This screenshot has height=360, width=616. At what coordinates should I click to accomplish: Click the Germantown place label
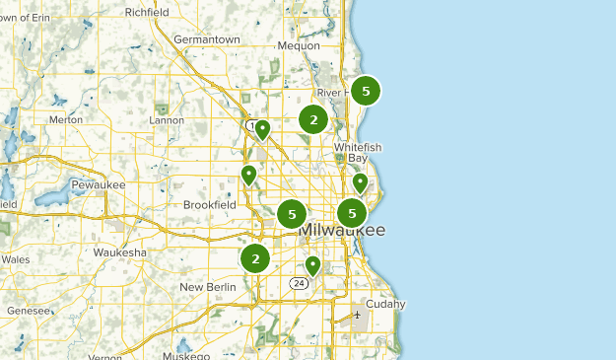coord(206,39)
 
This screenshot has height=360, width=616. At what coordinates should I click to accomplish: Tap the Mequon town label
coord(299,45)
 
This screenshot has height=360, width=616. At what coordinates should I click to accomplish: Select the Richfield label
coord(147,13)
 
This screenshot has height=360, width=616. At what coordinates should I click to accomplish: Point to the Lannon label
coord(166,120)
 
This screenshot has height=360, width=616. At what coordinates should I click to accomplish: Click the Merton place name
coord(65,119)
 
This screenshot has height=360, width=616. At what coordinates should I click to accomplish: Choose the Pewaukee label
coord(97,184)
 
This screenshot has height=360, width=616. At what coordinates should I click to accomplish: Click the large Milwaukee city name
coord(341,230)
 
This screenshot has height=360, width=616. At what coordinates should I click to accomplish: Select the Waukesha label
coord(119,252)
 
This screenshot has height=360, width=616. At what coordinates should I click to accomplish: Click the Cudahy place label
coord(385,304)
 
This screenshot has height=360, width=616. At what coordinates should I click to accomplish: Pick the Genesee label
coord(28,310)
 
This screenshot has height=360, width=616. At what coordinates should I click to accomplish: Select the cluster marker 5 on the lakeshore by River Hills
coord(366,91)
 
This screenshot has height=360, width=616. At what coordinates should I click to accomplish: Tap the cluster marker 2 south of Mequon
coord(313,120)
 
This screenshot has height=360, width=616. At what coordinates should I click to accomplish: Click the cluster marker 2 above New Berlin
coord(255,258)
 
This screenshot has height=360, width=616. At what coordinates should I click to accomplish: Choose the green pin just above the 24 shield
coord(312,264)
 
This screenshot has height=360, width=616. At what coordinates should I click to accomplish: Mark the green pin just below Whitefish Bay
coord(360,181)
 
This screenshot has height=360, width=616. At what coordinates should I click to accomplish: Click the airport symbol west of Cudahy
coord(357,316)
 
